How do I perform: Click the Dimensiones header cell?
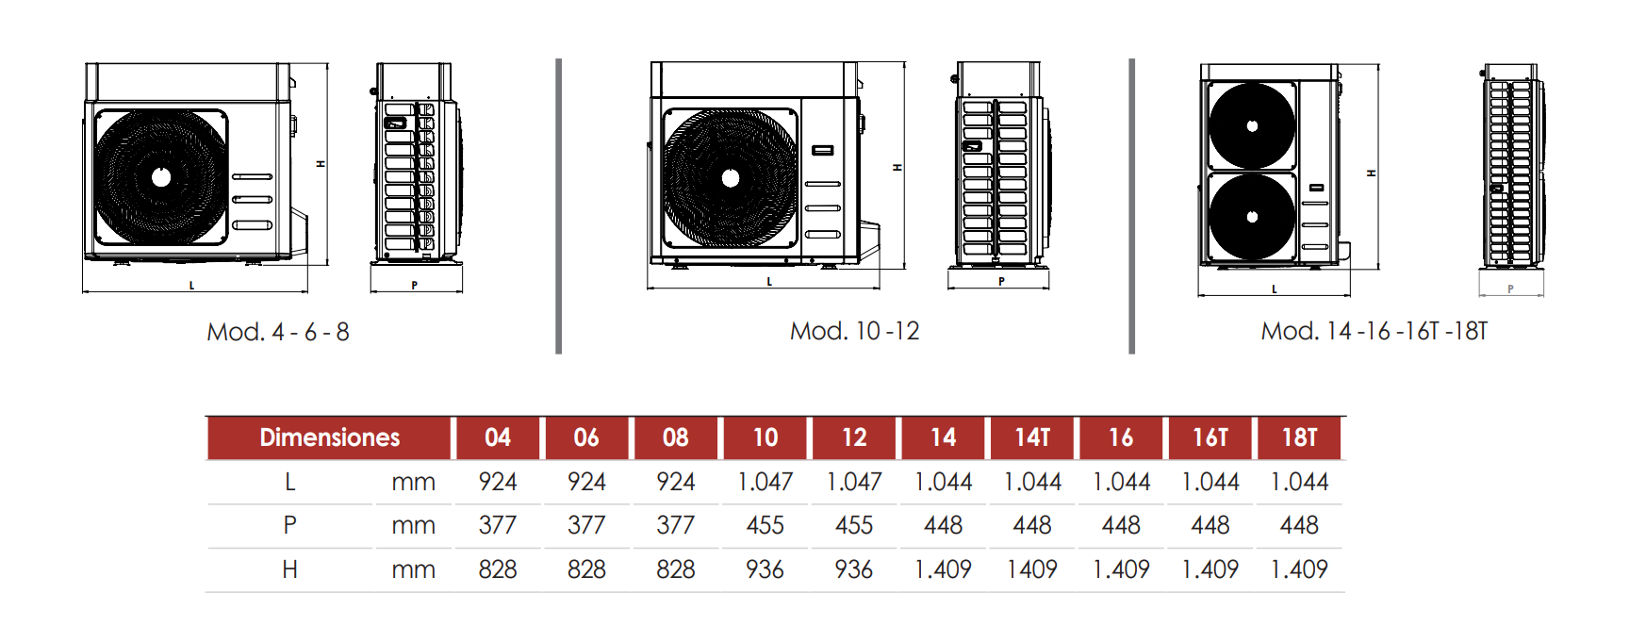point(329,437)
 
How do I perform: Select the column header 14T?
point(1032,437)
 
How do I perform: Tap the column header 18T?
point(1299,437)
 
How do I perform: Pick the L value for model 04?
point(497,482)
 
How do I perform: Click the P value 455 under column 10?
point(765,525)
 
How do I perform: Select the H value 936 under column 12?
point(853,569)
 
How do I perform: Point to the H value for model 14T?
point(1032,569)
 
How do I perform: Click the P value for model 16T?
point(1210,525)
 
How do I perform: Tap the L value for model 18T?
point(1299,482)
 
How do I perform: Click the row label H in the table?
point(289,569)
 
